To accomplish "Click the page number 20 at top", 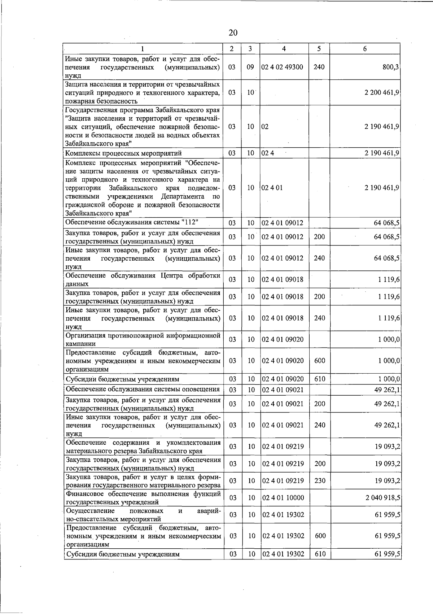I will (x=233, y=32).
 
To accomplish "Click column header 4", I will (x=284, y=49).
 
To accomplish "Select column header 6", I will (x=365, y=49).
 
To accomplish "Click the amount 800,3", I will (x=391, y=67).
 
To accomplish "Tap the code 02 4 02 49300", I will (x=282, y=67).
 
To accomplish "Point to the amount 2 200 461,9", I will (x=382, y=92).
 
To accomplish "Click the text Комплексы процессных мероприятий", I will (x=123, y=153).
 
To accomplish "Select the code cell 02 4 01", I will (x=272, y=188).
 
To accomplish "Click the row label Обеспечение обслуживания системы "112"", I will (x=132, y=222).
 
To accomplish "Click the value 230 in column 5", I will (x=320, y=481).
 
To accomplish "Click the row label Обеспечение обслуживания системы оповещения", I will (x=143, y=389).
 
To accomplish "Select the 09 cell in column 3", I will (x=250, y=67).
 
